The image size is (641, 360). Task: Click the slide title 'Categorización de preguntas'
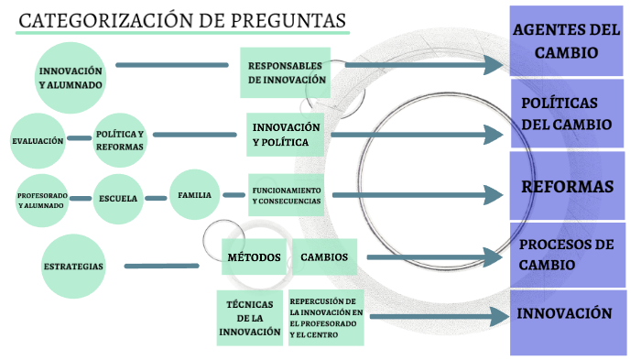(183, 20)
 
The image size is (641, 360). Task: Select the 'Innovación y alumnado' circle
(71, 76)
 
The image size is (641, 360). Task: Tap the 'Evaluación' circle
(38, 140)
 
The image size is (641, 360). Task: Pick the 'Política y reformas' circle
(120, 140)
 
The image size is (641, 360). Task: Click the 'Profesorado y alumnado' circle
(41, 199)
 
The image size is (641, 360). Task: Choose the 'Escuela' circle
(119, 198)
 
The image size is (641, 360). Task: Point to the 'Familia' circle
(195, 195)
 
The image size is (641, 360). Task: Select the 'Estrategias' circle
(73, 267)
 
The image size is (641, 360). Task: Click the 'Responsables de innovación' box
(287, 72)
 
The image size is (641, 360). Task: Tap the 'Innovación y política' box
(287, 135)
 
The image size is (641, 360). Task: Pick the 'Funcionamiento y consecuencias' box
(287, 195)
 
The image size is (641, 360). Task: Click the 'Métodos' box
(254, 257)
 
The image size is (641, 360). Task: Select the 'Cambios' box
(323, 257)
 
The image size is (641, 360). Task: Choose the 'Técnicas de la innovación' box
(249, 318)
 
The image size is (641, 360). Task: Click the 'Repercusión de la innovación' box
(326, 318)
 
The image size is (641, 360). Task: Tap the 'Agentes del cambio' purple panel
(566, 41)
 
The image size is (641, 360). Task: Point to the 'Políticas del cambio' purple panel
(567, 113)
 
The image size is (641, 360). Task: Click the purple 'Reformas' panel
(567, 187)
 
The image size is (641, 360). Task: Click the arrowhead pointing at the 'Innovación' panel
(499, 317)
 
